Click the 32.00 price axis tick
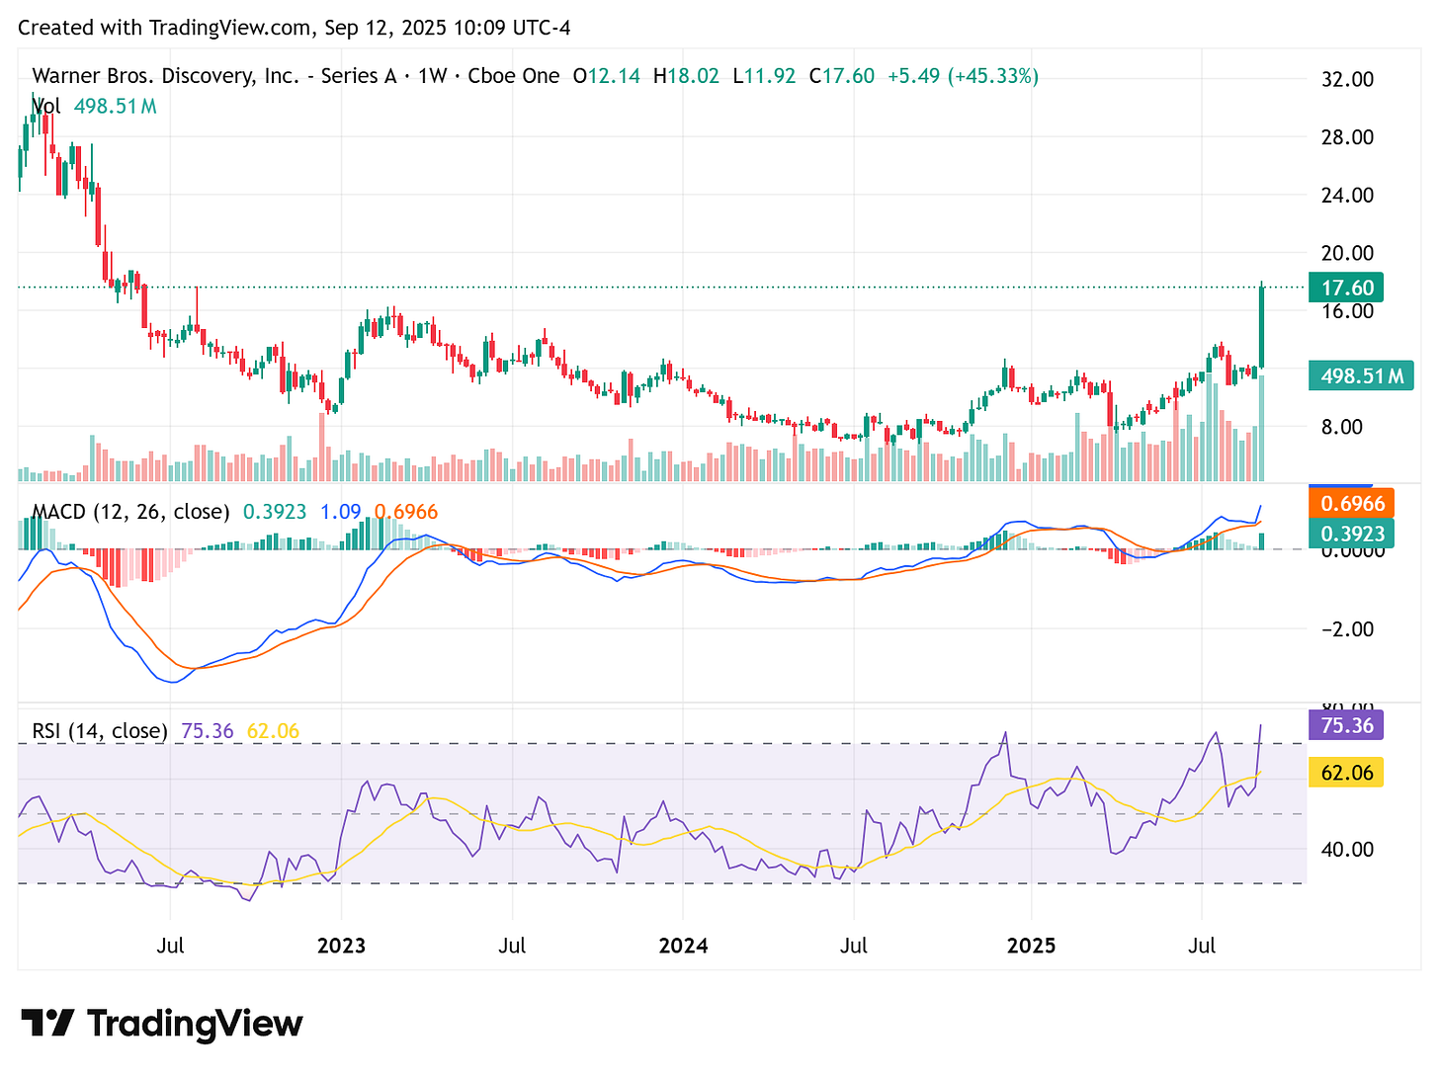click(x=1347, y=79)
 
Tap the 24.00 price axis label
click(x=1347, y=195)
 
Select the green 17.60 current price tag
click(x=1346, y=288)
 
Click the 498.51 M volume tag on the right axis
click(x=1360, y=375)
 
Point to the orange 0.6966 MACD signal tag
click(x=1351, y=504)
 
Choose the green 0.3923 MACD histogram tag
click(x=1351, y=535)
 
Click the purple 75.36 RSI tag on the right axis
click(x=1346, y=725)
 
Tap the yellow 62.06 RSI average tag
click(x=1346, y=772)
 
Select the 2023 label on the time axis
click(x=341, y=946)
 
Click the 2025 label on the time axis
click(x=1031, y=946)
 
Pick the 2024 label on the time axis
click(x=683, y=946)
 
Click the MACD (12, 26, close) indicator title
click(x=130, y=512)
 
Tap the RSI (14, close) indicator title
click(x=100, y=731)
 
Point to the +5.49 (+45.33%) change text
click(x=963, y=76)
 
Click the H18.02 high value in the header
click(x=686, y=76)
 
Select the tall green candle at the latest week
click(x=1262, y=326)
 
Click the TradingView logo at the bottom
click(x=162, y=1024)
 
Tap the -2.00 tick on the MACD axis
click(x=1347, y=629)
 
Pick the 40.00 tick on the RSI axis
click(x=1347, y=849)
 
